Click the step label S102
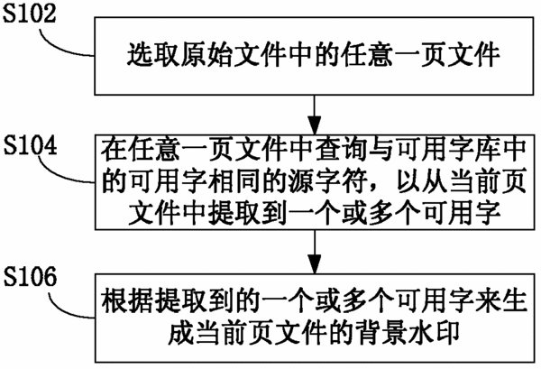(x=30, y=14)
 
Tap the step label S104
(x=31, y=145)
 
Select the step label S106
(x=30, y=276)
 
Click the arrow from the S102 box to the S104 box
(x=315, y=115)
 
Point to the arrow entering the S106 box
(x=315, y=252)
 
